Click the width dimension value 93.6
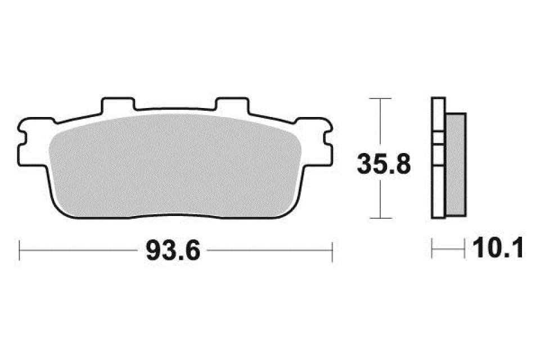click(x=173, y=251)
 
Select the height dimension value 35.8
click(x=384, y=164)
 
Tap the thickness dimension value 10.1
click(x=498, y=247)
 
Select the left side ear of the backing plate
click(x=31, y=142)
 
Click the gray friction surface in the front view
click(x=175, y=166)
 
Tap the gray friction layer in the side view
click(x=455, y=165)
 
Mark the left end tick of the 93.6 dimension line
click(x=20, y=251)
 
